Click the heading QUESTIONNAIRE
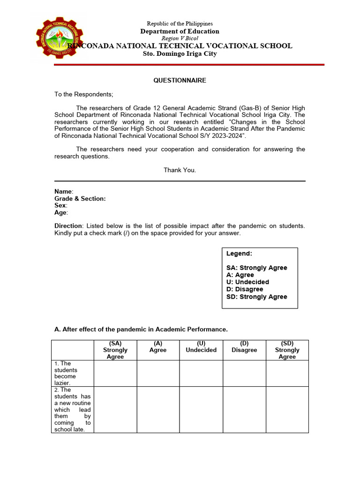coord(180,81)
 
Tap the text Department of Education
coord(180,31)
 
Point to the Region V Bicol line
coord(180,38)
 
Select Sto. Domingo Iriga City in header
coord(180,54)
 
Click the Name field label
coord(64,192)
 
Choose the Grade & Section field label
coord(80,199)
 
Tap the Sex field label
coord(61,205)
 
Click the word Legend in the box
coord(239,254)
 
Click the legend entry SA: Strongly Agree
coord(257,268)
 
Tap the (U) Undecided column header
coord(201,347)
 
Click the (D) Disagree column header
coord(244,347)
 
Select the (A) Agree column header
coord(158,347)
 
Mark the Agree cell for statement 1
coord(158,373)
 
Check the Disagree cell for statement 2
coord(244,409)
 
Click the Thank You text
coord(180,170)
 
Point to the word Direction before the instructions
coord(68,226)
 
